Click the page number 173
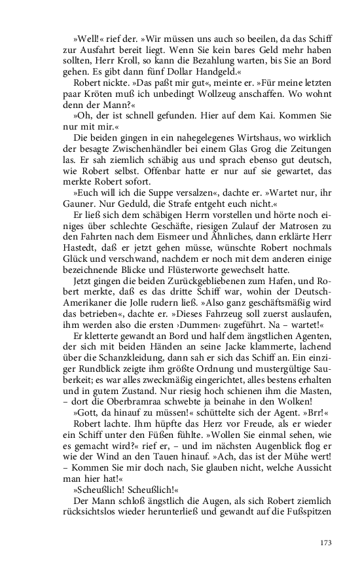coord(327,543)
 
